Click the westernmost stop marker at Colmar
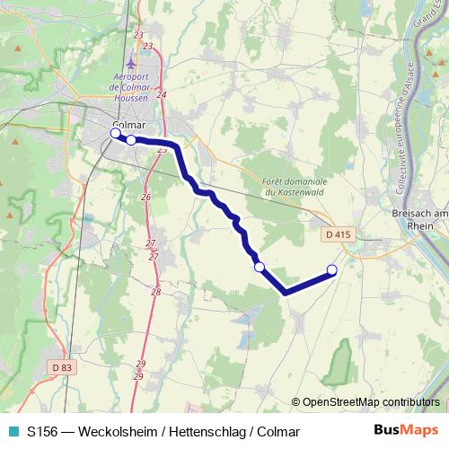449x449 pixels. [x=114, y=134]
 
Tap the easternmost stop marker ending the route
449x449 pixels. [x=331, y=269]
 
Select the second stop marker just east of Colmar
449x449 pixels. [x=131, y=139]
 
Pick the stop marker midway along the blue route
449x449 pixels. [x=260, y=266]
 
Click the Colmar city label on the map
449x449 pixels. [x=129, y=125]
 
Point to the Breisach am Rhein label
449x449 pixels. [x=421, y=221]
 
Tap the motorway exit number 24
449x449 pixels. [x=162, y=94]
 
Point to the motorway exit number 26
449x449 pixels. [x=145, y=197]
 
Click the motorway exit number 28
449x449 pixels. [x=156, y=292]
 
